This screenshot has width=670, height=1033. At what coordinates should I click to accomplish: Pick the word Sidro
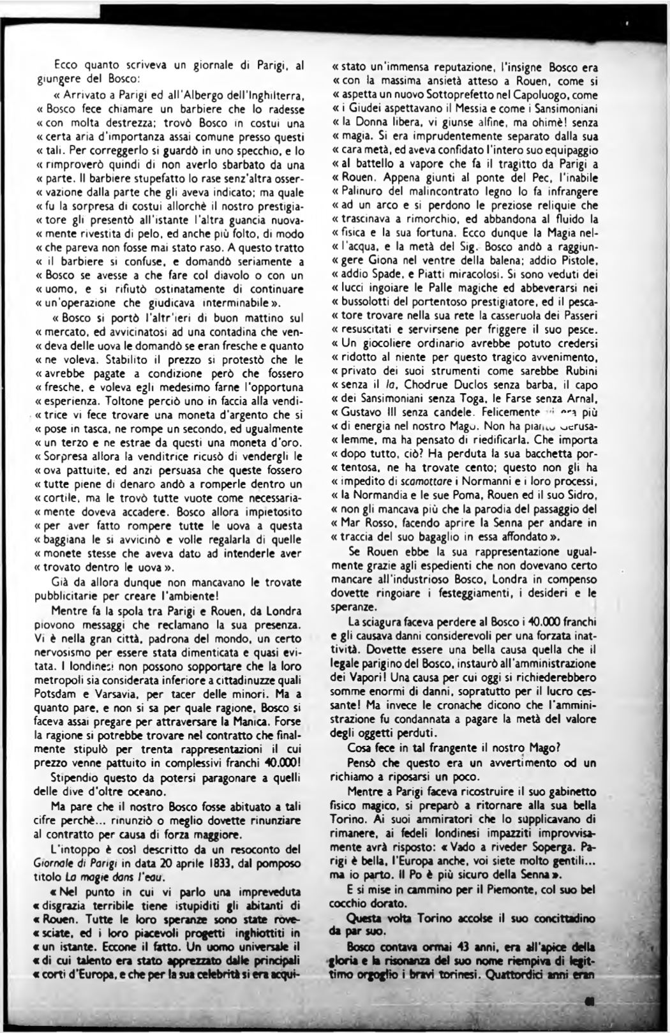point(580,496)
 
